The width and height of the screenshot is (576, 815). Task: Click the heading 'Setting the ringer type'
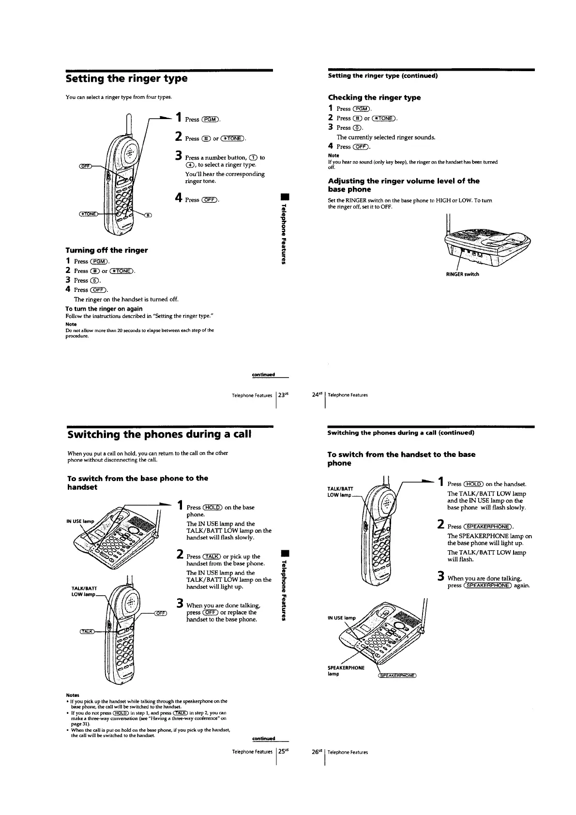pyautogui.click(x=126, y=78)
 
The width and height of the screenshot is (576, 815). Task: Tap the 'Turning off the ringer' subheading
pyautogui.click(x=106, y=250)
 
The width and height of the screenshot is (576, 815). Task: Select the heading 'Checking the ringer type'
pyautogui.click(x=374, y=97)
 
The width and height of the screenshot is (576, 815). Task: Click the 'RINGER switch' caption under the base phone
pyautogui.click(x=462, y=274)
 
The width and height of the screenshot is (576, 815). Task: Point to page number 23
pyautogui.click(x=282, y=395)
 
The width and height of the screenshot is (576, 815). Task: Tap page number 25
pyautogui.click(x=282, y=752)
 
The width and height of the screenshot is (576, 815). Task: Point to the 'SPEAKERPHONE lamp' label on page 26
pyautogui.click(x=346, y=670)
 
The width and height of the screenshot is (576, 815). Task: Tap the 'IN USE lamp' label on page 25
pyautogui.click(x=80, y=521)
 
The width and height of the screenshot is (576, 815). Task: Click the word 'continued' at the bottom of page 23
pyautogui.click(x=263, y=375)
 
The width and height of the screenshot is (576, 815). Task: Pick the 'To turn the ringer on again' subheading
pyautogui.click(x=104, y=309)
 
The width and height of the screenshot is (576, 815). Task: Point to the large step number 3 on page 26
pyautogui.click(x=440, y=576)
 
